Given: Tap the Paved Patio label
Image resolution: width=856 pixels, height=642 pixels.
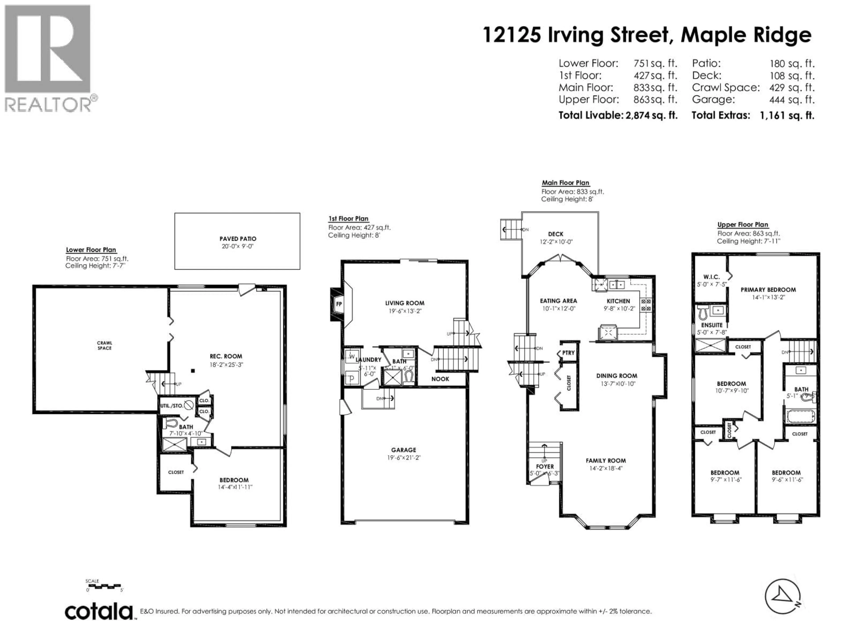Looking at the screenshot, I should click(238, 239).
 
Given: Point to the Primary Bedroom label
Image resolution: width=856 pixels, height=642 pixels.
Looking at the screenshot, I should click(768, 290).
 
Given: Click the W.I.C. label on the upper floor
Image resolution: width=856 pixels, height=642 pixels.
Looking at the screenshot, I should click(711, 277).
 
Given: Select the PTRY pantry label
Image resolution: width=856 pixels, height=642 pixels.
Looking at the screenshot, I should click(568, 353).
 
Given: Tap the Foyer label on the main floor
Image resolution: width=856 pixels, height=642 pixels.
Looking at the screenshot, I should click(545, 467).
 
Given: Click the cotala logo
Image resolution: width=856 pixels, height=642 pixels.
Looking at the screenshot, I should click(99, 612).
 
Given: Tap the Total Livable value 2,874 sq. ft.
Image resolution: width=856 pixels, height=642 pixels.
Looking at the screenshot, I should click(651, 115).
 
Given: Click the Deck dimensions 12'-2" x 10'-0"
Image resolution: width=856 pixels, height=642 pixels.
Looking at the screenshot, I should click(556, 242).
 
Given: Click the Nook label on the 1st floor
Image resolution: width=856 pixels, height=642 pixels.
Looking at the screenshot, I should click(440, 379).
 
